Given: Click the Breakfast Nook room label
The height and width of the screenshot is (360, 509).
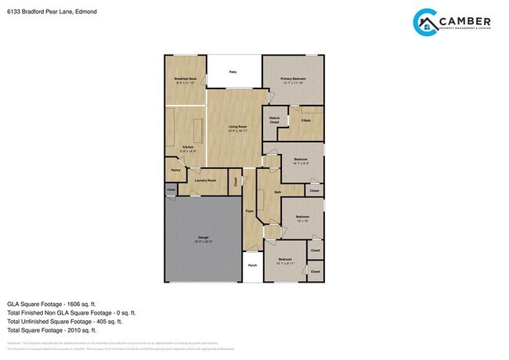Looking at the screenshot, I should click(x=185, y=79).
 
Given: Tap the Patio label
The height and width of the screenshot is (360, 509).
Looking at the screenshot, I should click(x=233, y=72).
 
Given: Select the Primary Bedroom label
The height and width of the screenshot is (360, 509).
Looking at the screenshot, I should click(x=293, y=79).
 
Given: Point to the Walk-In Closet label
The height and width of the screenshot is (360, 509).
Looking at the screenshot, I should click(x=275, y=121).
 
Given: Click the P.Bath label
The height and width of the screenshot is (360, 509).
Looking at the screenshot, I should click(x=306, y=120).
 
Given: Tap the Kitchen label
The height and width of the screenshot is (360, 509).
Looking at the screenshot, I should click(x=188, y=147).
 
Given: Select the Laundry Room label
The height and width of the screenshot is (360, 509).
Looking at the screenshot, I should click(x=206, y=181).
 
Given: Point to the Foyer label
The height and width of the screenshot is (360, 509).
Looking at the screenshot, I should click(x=249, y=211).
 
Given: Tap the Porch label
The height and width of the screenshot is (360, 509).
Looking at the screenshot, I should click(x=252, y=265).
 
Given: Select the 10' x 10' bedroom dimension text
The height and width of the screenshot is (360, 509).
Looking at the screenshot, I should click(x=302, y=221).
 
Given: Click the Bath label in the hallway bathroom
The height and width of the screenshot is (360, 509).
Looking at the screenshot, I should click(x=277, y=192).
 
